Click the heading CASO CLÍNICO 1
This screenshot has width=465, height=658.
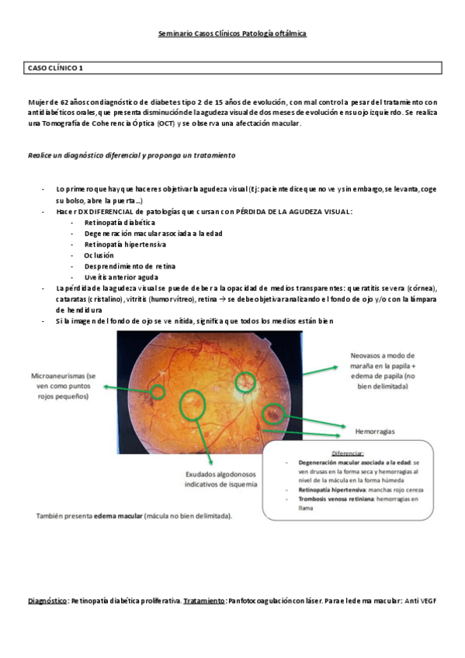(55, 68)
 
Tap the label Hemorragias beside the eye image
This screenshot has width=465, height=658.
(376, 428)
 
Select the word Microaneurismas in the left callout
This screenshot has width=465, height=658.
(57, 374)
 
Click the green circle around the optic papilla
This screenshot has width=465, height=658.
(246, 381)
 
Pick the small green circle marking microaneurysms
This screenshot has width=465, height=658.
(158, 390)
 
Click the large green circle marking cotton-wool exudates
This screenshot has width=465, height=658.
(191, 404)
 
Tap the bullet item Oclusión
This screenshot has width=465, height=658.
(99, 255)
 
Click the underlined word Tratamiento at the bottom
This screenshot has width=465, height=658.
(204, 601)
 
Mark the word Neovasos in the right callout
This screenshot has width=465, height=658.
(366, 355)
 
